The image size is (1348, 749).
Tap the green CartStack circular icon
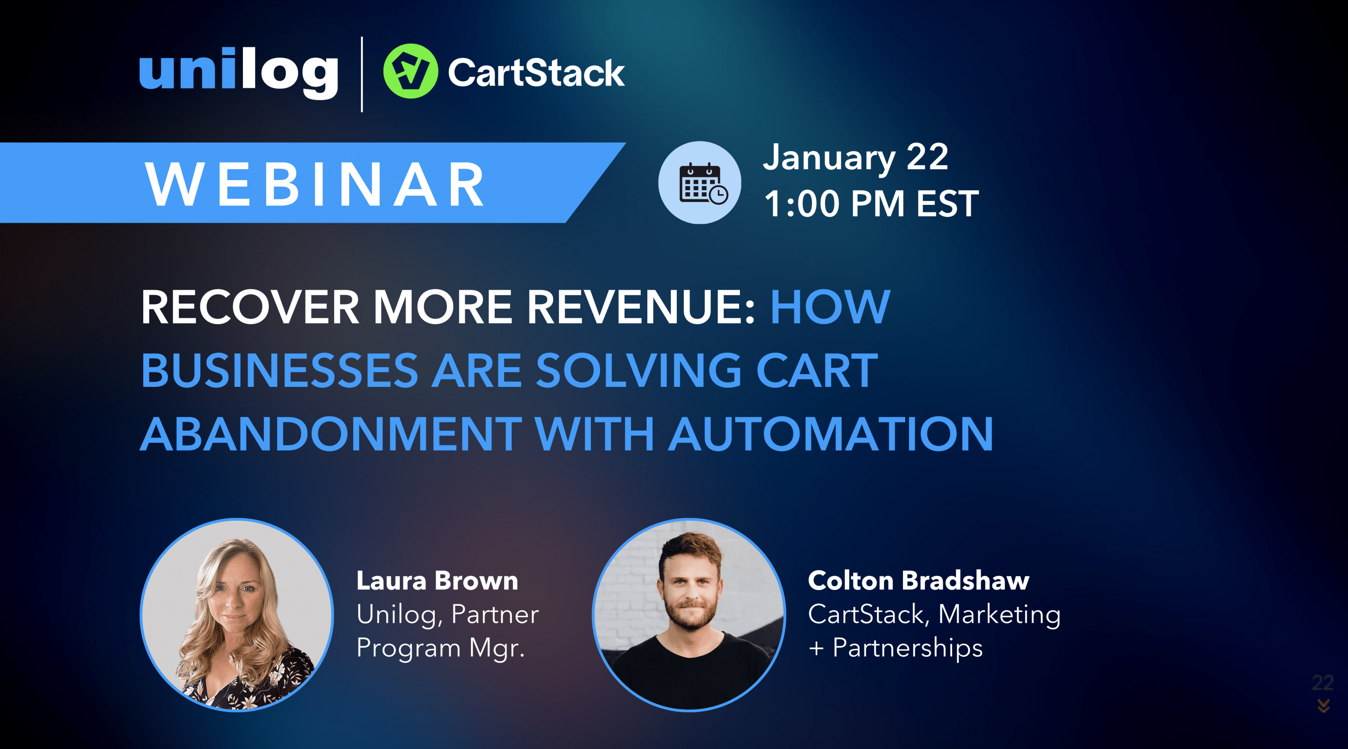tap(410, 71)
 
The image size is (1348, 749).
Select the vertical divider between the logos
tap(362, 74)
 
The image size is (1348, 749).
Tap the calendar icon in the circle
tap(700, 182)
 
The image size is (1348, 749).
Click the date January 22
tap(855, 157)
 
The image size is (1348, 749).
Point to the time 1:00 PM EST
tap(871, 204)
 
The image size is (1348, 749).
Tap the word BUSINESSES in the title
tap(279, 371)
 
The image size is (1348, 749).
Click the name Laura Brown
tap(437, 581)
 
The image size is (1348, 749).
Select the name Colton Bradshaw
tap(918, 581)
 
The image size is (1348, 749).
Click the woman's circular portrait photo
tap(236, 615)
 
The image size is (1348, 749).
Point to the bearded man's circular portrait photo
tap(689, 615)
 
